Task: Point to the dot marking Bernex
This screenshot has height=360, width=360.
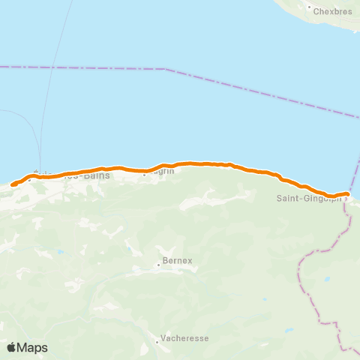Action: click(x=160, y=263)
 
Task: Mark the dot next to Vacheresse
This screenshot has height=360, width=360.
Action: click(x=157, y=342)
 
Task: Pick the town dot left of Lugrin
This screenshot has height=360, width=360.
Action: click(x=145, y=171)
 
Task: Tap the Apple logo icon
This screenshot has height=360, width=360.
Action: click(x=11, y=347)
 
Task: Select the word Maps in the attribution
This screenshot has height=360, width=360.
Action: click(x=33, y=347)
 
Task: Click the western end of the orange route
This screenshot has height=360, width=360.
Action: click(x=13, y=184)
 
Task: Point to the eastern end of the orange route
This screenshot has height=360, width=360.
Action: click(x=347, y=194)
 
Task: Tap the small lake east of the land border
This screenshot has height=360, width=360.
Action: click(x=327, y=280)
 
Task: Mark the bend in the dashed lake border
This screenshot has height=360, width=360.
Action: click(x=163, y=70)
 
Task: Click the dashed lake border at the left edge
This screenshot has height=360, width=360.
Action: click(x=3, y=67)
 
